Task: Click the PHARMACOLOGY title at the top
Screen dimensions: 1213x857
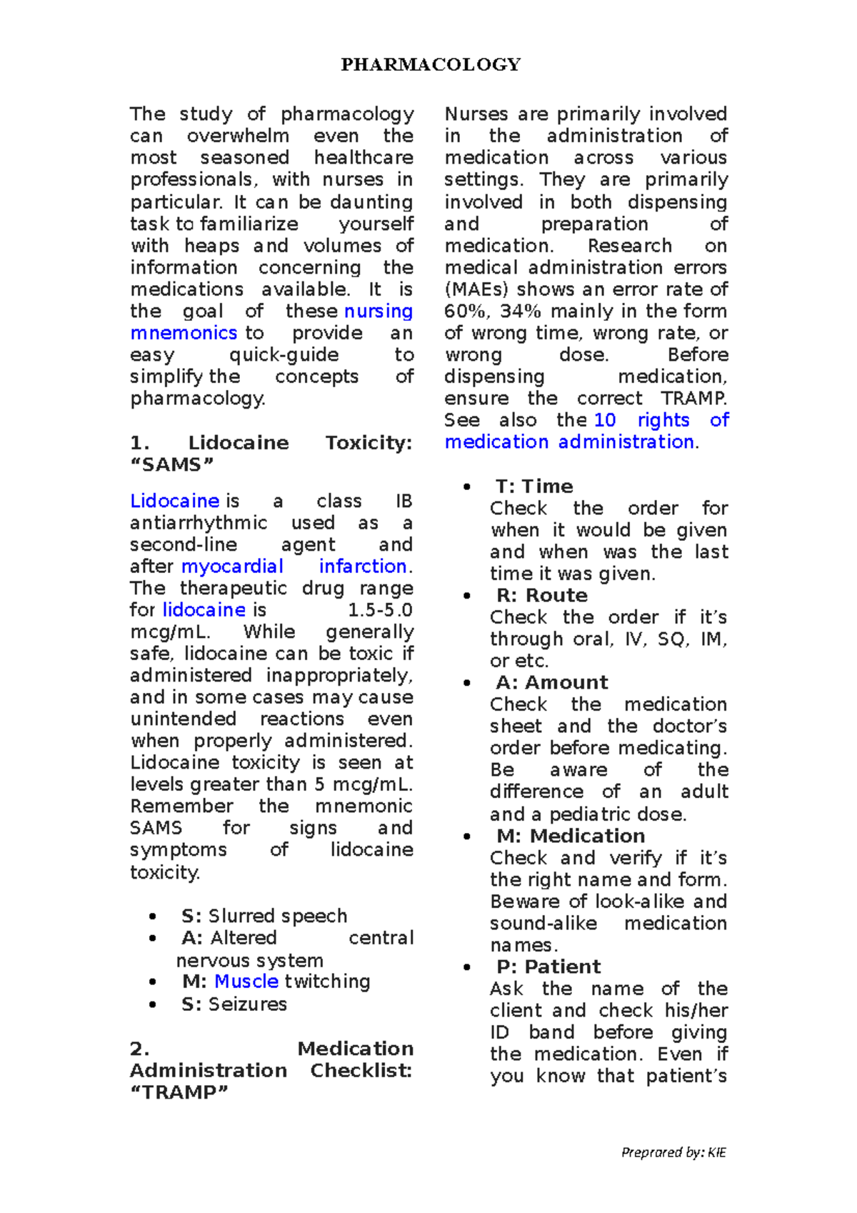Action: (x=431, y=65)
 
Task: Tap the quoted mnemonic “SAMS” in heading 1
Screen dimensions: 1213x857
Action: (x=171, y=465)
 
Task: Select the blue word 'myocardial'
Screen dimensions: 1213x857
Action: (x=232, y=566)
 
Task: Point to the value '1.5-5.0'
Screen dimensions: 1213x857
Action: (x=380, y=610)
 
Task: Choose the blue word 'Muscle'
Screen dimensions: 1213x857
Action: (x=246, y=982)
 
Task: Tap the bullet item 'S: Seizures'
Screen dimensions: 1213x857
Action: (x=234, y=1004)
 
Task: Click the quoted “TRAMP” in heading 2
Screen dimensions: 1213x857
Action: (x=179, y=1092)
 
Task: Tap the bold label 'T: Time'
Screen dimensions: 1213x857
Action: (x=534, y=486)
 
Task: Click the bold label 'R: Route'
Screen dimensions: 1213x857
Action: (x=541, y=596)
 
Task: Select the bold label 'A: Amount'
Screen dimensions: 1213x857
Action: (x=551, y=682)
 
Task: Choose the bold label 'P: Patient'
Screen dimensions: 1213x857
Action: (x=548, y=967)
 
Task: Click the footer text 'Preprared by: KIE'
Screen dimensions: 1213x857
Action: (x=673, y=1152)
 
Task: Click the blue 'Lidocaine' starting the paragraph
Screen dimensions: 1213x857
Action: (x=174, y=501)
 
